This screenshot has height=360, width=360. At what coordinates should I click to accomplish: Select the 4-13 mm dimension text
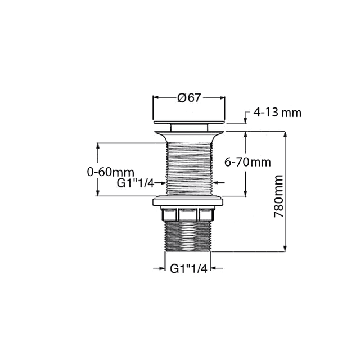(x=277, y=112)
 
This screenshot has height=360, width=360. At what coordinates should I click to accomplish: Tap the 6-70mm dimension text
(x=247, y=162)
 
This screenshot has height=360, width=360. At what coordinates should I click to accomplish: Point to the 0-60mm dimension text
(x=110, y=172)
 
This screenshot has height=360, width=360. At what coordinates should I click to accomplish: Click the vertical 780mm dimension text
(x=277, y=197)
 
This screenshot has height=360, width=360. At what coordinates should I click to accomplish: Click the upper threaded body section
(x=188, y=166)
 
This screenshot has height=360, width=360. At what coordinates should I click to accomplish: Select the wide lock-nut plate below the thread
(x=188, y=202)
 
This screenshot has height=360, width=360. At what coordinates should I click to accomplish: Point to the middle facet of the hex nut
(x=188, y=214)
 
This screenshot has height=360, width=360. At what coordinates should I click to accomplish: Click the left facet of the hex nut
(x=169, y=214)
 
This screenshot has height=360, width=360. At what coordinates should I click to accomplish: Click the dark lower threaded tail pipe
(x=188, y=236)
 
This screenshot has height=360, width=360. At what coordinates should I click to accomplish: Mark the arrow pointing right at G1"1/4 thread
(x=160, y=182)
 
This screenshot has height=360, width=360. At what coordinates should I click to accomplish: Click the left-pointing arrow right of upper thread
(x=219, y=182)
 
